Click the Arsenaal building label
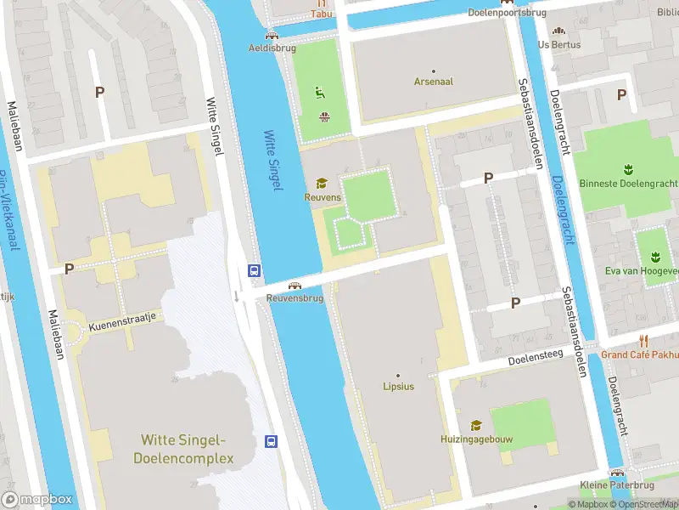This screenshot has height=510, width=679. (433, 82)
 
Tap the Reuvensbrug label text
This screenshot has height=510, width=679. (295, 298)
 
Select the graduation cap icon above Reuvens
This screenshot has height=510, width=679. (322, 183)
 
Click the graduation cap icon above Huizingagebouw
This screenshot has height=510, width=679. (476, 425)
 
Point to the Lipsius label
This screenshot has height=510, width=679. (397, 387)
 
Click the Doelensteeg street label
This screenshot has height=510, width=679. (536, 361)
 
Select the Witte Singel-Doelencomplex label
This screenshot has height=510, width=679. (182, 449)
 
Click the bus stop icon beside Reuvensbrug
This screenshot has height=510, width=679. (253, 270)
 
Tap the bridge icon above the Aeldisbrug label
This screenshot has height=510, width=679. (271, 35)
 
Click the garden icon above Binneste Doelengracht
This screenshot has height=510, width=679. (629, 167)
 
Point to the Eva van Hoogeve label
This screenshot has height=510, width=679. (643, 271)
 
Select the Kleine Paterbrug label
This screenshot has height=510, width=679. (619, 486)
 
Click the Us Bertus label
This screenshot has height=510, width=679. (559, 44)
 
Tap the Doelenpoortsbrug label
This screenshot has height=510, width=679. (508, 13)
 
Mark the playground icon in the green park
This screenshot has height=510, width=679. (321, 93)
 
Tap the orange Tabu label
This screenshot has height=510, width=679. (321, 14)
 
